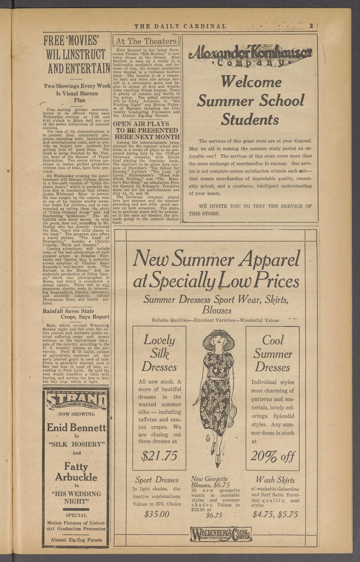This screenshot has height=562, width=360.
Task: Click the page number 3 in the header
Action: coord(311,26)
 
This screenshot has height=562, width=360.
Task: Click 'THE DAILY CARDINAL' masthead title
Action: coord(180,26)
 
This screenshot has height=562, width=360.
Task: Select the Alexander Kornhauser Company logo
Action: coord(250,56)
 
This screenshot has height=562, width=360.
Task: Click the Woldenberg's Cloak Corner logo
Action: coord(221,534)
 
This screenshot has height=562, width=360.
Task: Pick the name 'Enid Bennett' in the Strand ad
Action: coord(76,428)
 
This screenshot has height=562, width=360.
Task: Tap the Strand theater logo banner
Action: coord(76,400)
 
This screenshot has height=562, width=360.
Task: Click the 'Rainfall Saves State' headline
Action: coord(68,311)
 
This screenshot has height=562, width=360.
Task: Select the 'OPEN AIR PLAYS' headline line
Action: coord(140,123)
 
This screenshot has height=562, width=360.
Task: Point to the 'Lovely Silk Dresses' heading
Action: coord(159,353)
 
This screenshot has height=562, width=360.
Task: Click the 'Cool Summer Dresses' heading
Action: coord(272,353)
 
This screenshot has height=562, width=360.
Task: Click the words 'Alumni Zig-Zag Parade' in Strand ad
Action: coord(76,540)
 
